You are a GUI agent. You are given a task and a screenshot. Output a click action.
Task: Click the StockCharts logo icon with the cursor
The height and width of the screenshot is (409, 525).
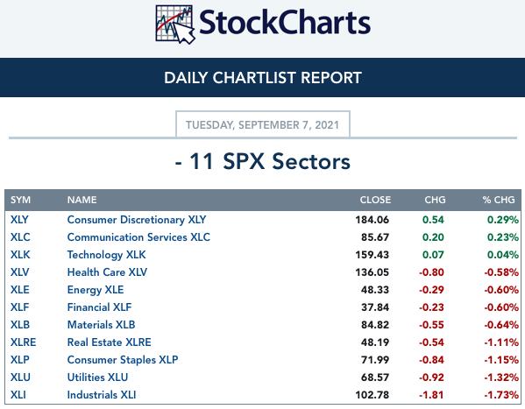[175, 25]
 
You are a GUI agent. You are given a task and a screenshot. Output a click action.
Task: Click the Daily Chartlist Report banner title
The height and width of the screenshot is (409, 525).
[263, 78]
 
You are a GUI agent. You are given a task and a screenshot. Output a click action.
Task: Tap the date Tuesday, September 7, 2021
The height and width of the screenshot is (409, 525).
[263, 125]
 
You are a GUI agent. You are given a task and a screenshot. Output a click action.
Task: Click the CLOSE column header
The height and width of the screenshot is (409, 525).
[375, 200]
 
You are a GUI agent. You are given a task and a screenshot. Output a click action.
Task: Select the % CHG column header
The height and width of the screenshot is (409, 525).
[499, 200]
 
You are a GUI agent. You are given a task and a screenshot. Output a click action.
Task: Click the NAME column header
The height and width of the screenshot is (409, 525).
[82, 200]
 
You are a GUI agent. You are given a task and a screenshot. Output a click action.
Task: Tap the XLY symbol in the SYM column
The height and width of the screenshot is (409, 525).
[19, 220]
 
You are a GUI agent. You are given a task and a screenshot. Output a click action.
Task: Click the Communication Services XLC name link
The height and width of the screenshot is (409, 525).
[138, 237]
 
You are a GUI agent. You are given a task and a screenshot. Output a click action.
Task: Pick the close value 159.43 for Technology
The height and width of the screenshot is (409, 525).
[372, 255]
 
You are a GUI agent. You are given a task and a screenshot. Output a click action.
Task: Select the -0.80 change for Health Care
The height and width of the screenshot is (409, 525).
[431, 272]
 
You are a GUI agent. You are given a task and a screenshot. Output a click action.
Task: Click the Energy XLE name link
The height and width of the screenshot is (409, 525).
[96, 290]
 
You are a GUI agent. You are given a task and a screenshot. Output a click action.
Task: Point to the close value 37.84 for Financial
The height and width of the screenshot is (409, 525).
[375, 307]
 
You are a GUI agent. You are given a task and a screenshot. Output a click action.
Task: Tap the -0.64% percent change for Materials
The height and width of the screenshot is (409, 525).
[501, 325]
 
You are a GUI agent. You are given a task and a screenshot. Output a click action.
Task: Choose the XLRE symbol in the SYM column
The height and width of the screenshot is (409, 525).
[23, 342]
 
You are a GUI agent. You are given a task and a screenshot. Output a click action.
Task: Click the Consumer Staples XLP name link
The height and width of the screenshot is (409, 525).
[123, 359]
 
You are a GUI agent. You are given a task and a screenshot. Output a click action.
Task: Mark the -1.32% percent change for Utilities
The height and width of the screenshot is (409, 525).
[501, 377]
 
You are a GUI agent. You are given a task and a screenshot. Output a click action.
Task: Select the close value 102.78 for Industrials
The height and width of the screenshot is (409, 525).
[372, 395]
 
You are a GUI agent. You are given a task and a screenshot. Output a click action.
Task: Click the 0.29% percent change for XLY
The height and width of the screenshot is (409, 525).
[503, 220]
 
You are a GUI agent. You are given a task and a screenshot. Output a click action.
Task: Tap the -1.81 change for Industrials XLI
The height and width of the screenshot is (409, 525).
[431, 395]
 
